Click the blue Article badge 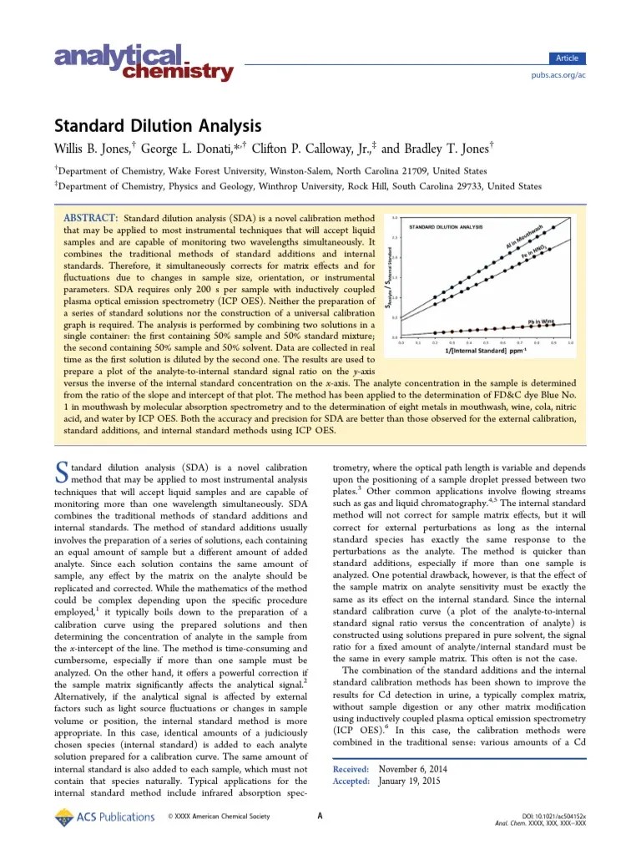coord(568,58)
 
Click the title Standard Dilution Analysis coord(158,126)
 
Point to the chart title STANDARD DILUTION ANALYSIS coord(446,226)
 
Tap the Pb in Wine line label coord(542,319)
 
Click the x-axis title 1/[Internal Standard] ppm coord(482,351)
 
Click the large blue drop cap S coord(61,473)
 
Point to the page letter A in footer coord(320,816)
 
